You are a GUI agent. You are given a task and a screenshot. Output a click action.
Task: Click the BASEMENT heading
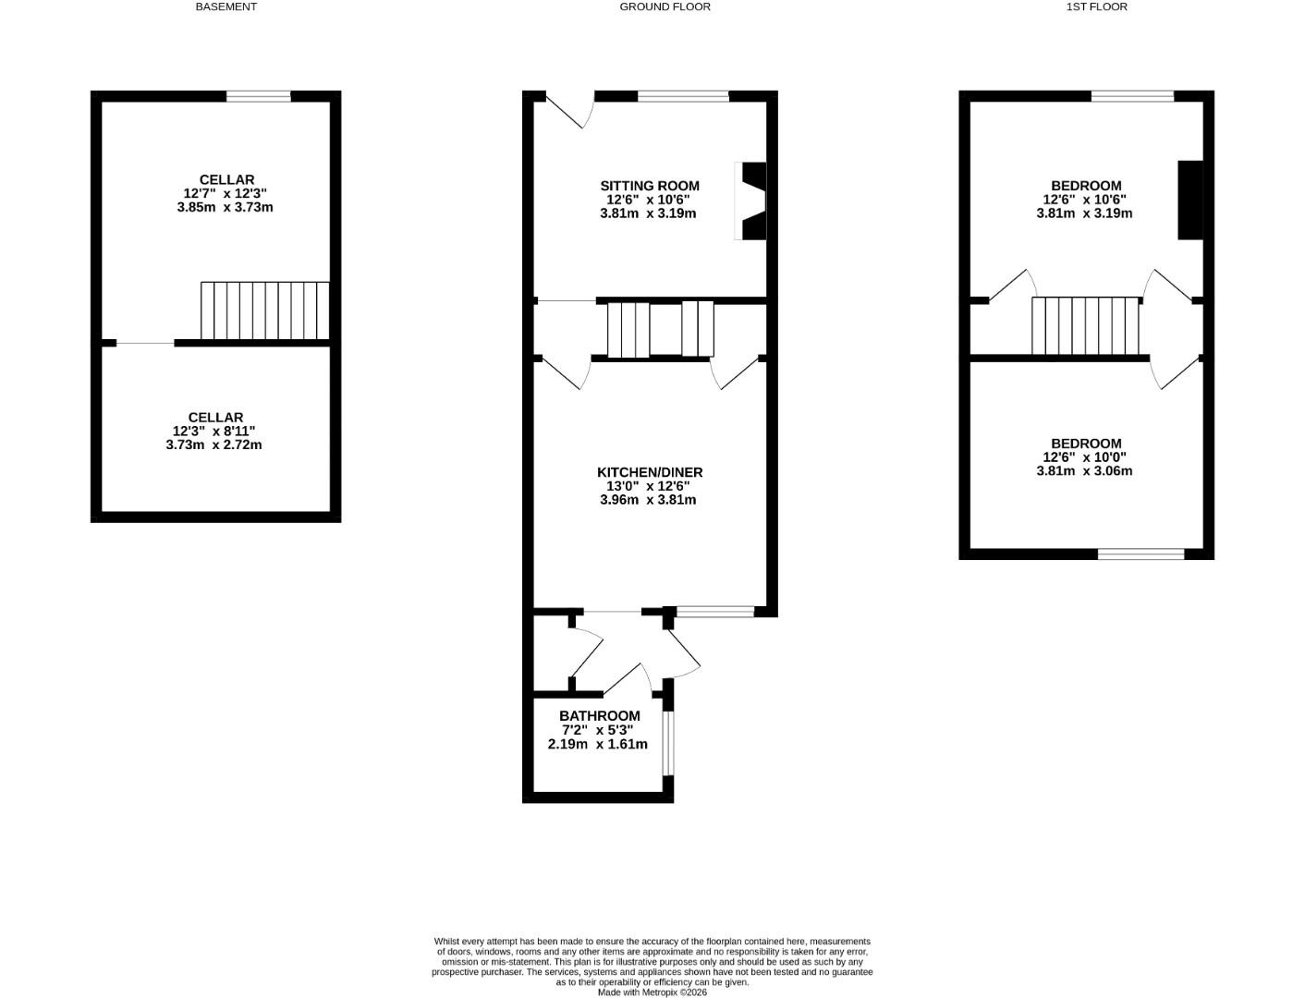[x=226, y=6]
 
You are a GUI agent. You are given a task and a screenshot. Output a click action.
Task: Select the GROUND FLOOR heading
[x=665, y=6]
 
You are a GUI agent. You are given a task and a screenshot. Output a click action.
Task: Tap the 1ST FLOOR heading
[x=1096, y=6]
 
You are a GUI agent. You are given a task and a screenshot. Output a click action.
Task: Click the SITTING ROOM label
[x=650, y=186]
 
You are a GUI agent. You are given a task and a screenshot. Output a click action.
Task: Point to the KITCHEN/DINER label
[x=649, y=472]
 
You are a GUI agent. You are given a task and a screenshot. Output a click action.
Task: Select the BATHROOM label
[x=599, y=716]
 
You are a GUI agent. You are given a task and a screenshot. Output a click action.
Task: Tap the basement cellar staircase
[x=265, y=311]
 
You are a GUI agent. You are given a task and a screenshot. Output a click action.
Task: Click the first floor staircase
[x=1085, y=325]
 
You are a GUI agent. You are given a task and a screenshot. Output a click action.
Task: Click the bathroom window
[x=668, y=742]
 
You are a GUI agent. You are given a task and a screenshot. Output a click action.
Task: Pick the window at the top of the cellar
[x=259, y=95]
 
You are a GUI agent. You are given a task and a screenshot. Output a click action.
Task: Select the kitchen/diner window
[x=715, y=611]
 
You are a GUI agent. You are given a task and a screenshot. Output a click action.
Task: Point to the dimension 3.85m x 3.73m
[x=225, y=208]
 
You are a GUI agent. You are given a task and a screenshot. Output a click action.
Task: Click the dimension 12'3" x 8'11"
[x=213, y=432]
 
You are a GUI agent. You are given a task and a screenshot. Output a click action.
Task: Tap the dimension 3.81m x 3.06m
[x=1084, y=471]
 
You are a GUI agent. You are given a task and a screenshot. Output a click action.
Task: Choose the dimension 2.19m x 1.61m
[x=597, y=744]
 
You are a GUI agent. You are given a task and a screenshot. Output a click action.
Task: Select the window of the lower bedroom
[x=1140, y=554]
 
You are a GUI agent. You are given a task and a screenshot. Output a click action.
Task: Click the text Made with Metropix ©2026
[x=652, y=992]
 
